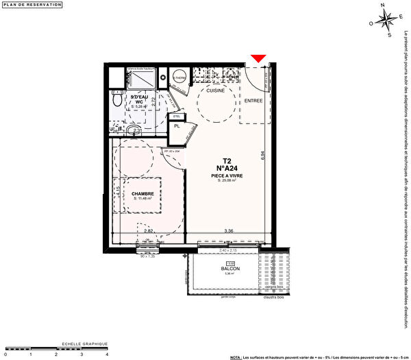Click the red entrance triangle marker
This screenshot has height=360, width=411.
point(258,60)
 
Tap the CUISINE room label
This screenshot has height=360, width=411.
point(216,89)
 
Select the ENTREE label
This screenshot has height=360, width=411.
point(254,100)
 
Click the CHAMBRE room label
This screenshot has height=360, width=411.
point(142,193)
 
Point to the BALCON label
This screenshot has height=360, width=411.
point(230,268)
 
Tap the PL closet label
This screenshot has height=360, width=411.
point(177,126)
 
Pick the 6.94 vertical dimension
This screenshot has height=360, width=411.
point(262,156)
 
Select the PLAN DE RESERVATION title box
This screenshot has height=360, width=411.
point(32,5)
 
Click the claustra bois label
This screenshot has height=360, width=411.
point(273,296)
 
